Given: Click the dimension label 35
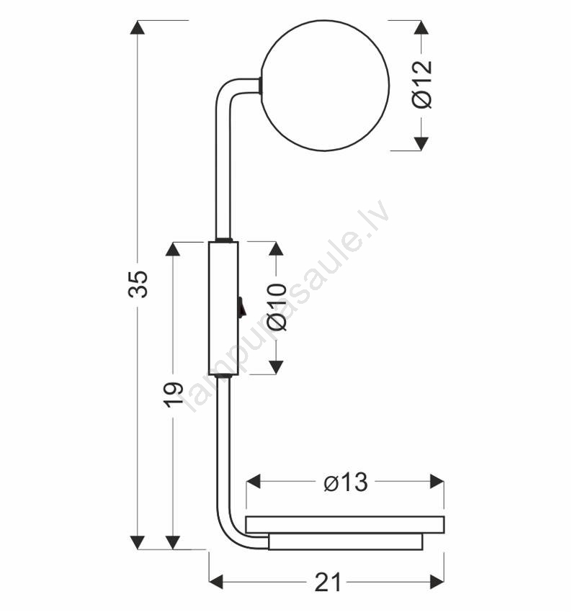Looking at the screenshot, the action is (138, 284).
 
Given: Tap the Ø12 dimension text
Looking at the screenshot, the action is (422, 84).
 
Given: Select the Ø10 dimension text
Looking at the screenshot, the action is (277, 307).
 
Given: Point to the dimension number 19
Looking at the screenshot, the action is (173, 395).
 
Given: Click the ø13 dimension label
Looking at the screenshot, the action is (346, 482).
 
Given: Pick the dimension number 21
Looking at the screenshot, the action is (328, 582).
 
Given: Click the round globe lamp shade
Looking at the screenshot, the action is (325, 86).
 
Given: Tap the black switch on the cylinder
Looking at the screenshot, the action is (241, 306).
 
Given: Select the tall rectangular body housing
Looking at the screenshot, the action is (223, 308).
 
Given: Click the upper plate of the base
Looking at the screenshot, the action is (345, 525).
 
